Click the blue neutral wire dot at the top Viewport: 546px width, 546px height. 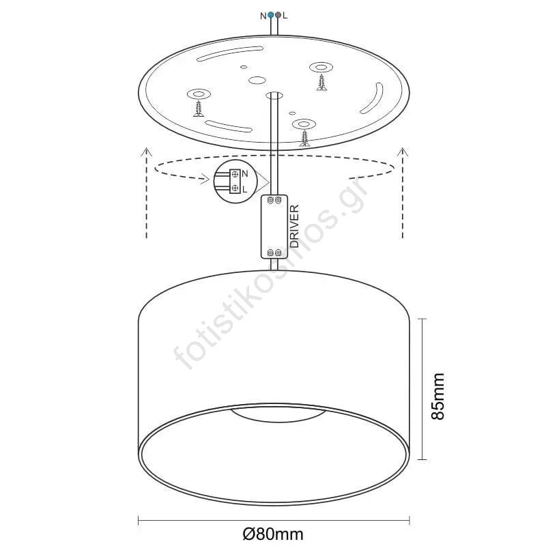(271, 15)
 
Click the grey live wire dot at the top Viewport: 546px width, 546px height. (278, 15)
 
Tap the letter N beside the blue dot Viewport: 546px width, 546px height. (263, 16)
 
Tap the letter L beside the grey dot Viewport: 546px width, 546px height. (285, 16)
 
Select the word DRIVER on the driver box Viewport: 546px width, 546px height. (294, 226)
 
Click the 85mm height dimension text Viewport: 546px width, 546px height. (437, 397)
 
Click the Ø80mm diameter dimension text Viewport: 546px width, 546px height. (273, 534)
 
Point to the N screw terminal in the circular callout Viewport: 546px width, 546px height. (235, 174)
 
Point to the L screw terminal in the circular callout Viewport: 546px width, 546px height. (235, 188)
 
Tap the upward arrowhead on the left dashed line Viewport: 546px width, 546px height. (147, 152)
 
